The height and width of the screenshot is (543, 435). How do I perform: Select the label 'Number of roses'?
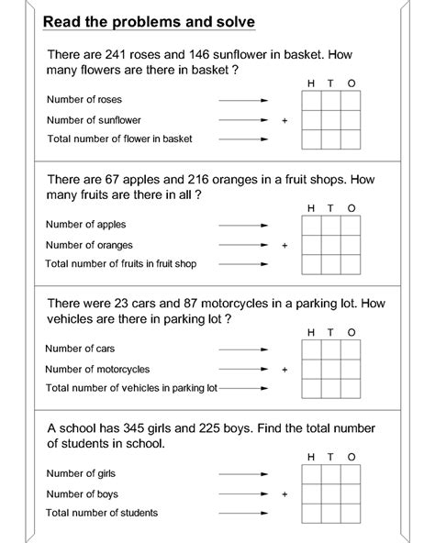click(x=84, y=99)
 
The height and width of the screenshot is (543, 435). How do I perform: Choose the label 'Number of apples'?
click(x=86, y=224)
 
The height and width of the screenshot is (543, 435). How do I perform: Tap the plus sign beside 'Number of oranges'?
click(x=284, y=245)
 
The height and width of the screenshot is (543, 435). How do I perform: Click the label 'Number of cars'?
click(x=81, y=349)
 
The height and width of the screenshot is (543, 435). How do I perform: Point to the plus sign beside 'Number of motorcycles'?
click(x=284, y=370)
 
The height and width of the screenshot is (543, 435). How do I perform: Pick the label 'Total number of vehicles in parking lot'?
click(x=131, y=389)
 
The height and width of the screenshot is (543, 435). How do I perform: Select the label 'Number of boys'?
click(x=81, y=493)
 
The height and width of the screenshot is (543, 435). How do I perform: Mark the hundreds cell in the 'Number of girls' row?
click(x=312, y=475)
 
